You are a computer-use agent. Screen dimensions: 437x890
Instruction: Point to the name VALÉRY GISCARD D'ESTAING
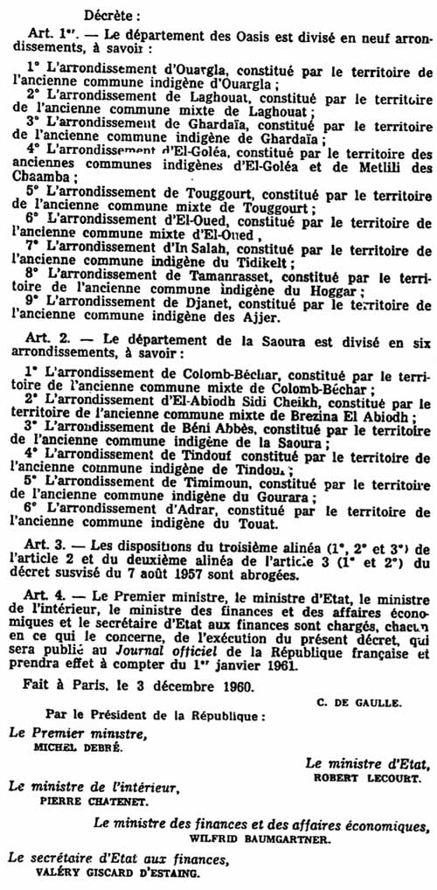(112, 871)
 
